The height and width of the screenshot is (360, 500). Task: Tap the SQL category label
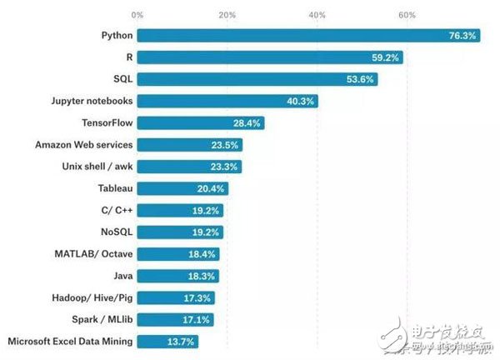122,79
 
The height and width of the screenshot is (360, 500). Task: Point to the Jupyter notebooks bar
227,101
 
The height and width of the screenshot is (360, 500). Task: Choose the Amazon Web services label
83,144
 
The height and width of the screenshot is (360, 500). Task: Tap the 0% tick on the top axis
137,14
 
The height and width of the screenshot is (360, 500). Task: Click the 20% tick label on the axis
227,14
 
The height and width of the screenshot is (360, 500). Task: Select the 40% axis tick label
317,14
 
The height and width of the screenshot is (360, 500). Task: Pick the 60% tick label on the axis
407,14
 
